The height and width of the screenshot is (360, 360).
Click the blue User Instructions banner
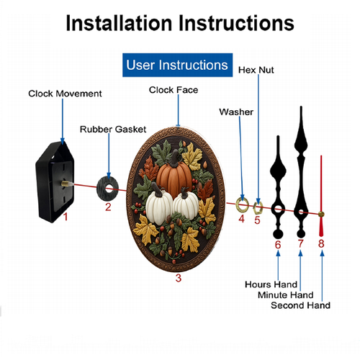pyautogui.click(x=177, y=65)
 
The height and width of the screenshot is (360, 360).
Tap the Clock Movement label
pyautogui.click(x=65, y=94)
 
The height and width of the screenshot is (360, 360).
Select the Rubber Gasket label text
pyautogui.click(x=113, y=129)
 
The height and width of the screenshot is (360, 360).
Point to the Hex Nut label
pyautogui.click(x=256, y=70)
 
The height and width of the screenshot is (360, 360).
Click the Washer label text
pyautogui.click(x=236, y=112)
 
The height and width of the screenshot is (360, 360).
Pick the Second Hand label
pyautogui.click(x=300, y=305)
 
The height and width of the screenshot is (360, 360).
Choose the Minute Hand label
pyautogui.click(x=286, y=294)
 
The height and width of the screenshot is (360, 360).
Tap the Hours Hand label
pyautogui.click(x=271, y=284)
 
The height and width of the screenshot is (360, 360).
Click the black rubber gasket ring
pyautogui.click(x=102, y=189)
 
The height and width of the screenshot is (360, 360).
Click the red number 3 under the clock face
pyautogui.click(x=179, y=278)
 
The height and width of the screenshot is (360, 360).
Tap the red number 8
pyautogui.click(x=321, y=243)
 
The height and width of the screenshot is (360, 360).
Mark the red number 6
pyautogui.click(x=278, y=245)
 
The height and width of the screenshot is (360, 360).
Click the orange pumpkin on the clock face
pyautogui.click(x=174, y=175)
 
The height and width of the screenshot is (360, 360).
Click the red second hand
pyautogui.click(x=321, y=196)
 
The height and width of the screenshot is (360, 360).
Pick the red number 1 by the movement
pyautogui.click(x=66, y=217)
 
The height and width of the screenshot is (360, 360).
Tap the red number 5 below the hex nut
pyautogui.click(x=257, y=220)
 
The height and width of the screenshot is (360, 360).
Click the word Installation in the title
pyautogui.click(x=120, y=23)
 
